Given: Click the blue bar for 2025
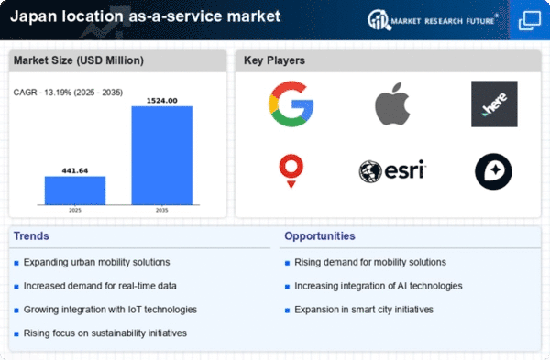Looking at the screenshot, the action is pyautogui.click(x=75, y=191).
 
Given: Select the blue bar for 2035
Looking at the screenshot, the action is pyautogui.click(x=161, y=156).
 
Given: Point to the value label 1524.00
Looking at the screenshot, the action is pyautogui.click(x=161, y=101).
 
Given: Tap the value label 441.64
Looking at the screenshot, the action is pyautogui.click(x=75, y=170).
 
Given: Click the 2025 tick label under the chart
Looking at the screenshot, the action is pyautogui.click(x=75, y=210).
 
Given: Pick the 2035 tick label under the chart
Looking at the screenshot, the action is pyautogui.click(x=161, y=210).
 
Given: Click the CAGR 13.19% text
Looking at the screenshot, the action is pyautogui.click(x=68, y=93).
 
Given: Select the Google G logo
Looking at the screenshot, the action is pyautogui.click(x=291, y=104).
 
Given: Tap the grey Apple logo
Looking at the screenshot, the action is pyautogui.click(x=392, y=104).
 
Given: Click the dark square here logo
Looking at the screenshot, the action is pyautogui.click(x=494, y=104).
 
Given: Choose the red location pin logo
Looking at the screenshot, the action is pyautogui.click(x=291, y=171).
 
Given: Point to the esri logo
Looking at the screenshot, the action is pyautogui.click(x=392, y=171).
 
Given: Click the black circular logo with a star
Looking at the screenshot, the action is pyautogui.click(x=493, y=171).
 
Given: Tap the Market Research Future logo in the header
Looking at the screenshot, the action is pyautogui.click(x=433, y=20).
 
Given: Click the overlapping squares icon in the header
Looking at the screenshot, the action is pyautogui.click(x=530, y=20).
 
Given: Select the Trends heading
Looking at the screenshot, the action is pyautogui.click(x=31, y=236).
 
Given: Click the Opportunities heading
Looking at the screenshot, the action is pyautogui.click(x=320, y=236).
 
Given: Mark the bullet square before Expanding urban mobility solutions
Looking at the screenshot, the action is pyautogui.click(x=16, y=263).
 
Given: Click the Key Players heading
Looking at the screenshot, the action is pyautogui.click(x=274, y=60).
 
